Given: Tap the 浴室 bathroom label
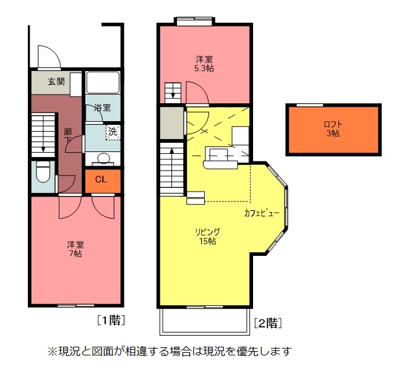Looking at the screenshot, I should click(103, 108).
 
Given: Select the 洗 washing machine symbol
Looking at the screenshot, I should click(112, 132).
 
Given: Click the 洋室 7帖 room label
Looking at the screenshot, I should click(75, 248).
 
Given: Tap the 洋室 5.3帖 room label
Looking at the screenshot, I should click(205, 64).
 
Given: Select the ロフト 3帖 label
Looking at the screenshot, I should click(333, 129).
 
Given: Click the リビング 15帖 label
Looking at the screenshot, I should click(207, 236).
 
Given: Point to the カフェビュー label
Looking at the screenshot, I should click(262, 213).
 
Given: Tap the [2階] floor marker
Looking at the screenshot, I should click(268, 322).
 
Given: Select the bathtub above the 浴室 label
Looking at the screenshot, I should click(103, 83).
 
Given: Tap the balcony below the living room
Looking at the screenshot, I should click(205, 322).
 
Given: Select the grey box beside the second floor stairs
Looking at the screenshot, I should click(171, 122).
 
